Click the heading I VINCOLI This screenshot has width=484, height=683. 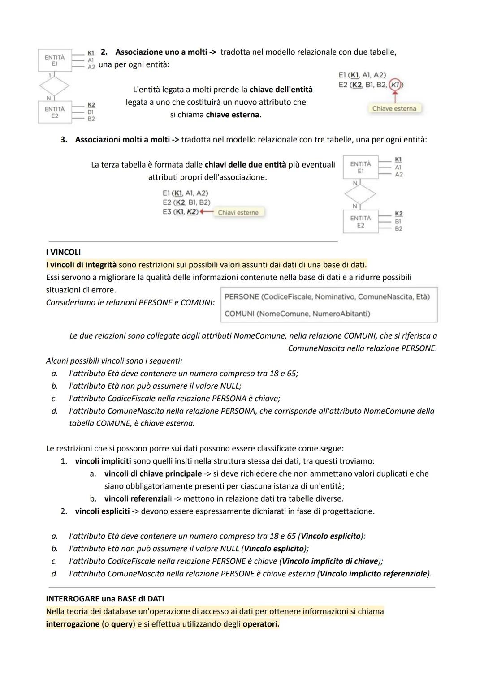click(x=63, y=252)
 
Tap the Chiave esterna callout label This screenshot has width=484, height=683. click(x=394, y=108)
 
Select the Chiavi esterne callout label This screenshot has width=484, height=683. click(x=238, y=212)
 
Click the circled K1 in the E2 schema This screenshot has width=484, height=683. click(x=395, y=85)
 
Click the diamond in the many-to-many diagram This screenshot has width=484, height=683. click(x=360, y=194)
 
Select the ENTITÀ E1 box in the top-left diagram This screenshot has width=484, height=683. click(x=54, y=61)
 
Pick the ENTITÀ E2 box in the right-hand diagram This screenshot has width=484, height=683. click(x=360, y=222)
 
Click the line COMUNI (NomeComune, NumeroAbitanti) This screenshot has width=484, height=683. click(x=297, y=314)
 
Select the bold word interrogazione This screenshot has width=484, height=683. click(x=73, y=624)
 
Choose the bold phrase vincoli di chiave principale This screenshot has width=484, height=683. click(x=153, y=473)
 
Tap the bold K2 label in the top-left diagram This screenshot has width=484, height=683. click(x=91, y=104)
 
